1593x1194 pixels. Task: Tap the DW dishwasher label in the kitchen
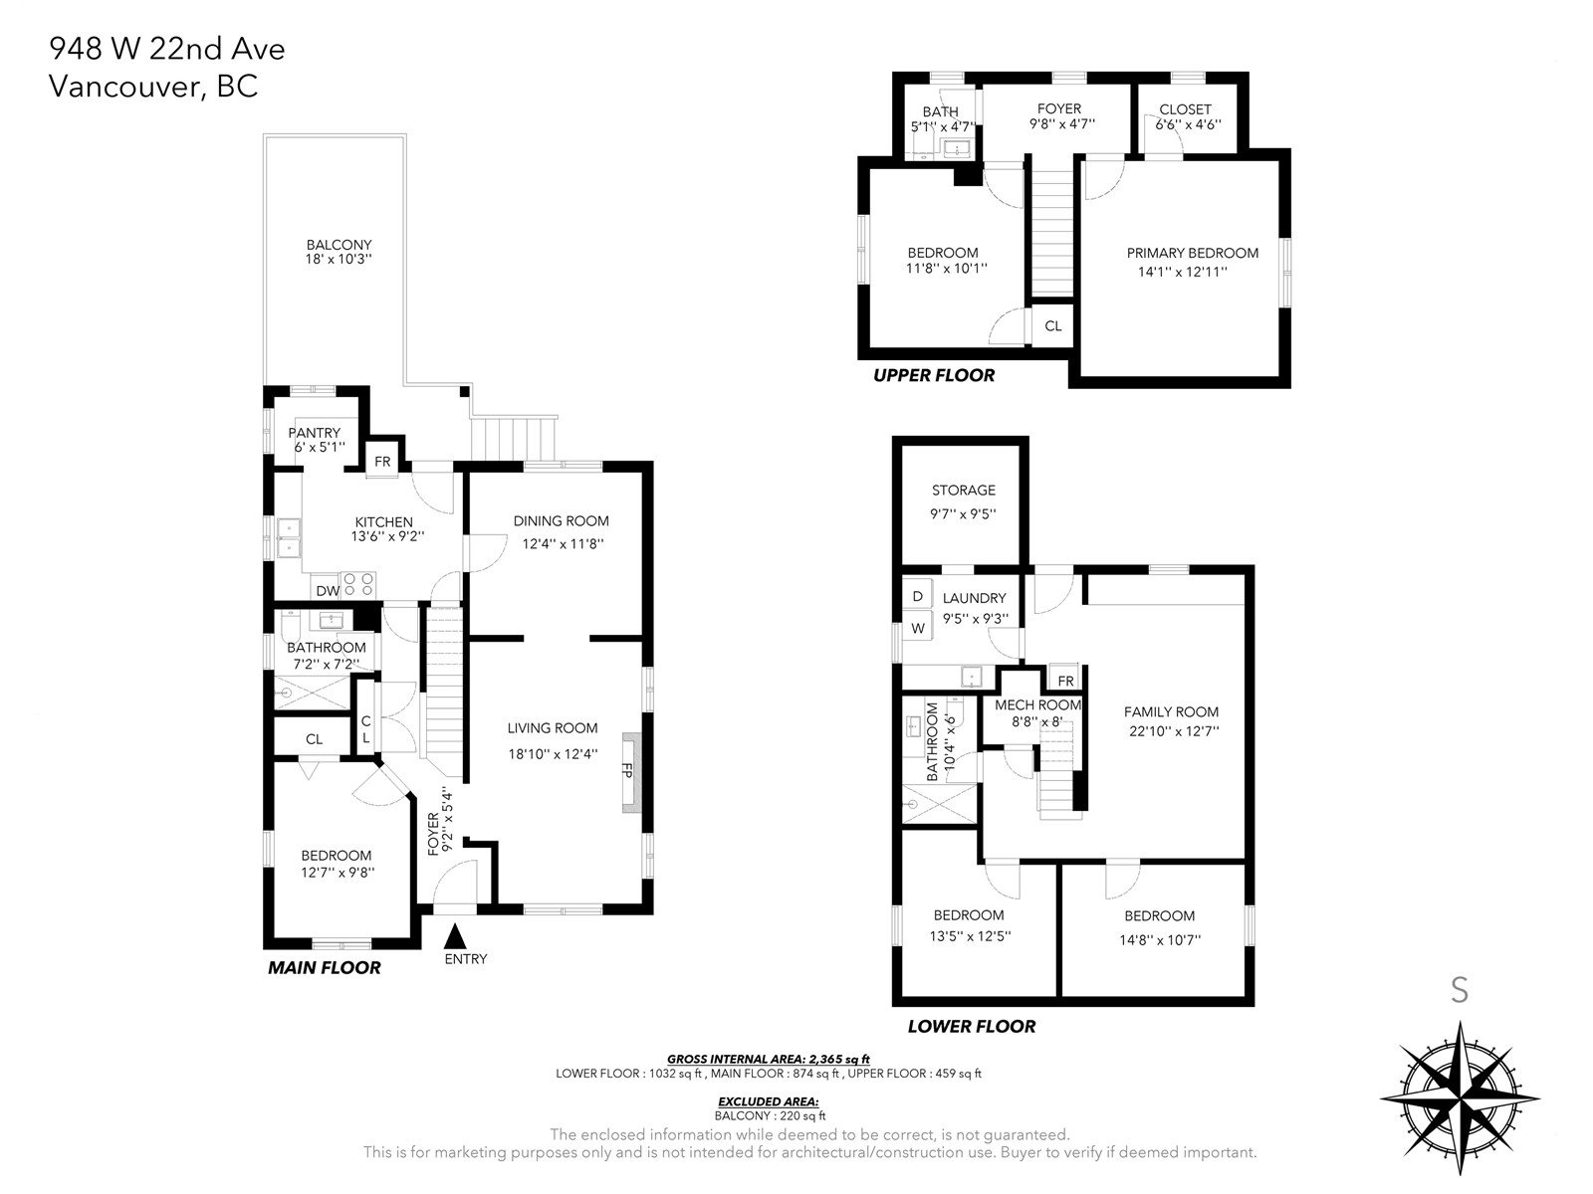328,591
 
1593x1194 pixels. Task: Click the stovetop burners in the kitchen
358,584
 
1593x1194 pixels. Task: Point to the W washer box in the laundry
917,629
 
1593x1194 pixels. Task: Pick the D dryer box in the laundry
917,596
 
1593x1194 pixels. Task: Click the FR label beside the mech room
1065,681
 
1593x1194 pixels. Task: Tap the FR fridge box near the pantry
381,462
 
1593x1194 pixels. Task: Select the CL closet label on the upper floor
1053,326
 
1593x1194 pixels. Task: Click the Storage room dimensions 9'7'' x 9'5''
963,514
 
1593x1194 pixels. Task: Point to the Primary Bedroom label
1193,253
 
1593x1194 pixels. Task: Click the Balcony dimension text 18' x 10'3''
339,259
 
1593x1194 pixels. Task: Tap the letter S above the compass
1460,990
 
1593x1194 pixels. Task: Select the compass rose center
1460,1098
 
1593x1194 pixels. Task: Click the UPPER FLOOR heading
933,375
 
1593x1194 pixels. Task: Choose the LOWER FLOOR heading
971,1027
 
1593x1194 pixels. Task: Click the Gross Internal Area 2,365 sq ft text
768,1059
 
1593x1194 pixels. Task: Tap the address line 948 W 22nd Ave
167,50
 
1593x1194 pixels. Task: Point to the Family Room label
1171,711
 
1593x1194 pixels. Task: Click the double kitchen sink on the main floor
289,538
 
